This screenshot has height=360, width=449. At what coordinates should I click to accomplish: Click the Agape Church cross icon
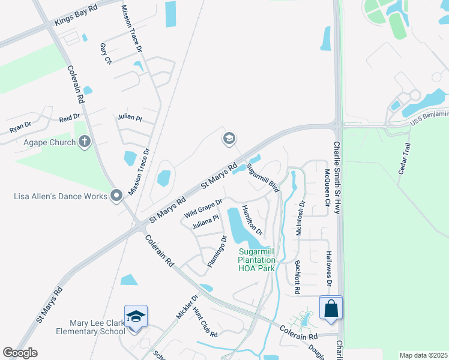pos(85,142)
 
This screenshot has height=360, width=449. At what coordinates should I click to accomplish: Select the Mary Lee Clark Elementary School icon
pos(136,316)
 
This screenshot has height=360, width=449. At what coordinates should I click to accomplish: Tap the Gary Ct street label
pos(106,53)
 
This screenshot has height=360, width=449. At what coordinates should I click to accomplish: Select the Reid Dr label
pos(69,118)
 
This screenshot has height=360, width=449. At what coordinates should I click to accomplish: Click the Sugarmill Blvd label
pos(263,178)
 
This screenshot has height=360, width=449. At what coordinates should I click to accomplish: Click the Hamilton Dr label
pos(252,219)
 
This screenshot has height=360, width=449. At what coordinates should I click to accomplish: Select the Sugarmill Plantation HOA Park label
pos(256,260)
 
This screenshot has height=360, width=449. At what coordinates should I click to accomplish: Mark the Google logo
pos(20,353)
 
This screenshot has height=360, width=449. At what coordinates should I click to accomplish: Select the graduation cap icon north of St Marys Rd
pos(228,139)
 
